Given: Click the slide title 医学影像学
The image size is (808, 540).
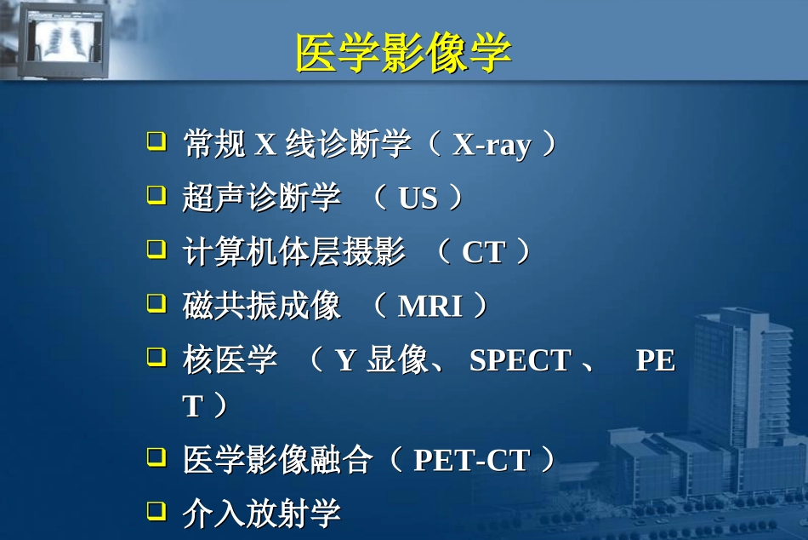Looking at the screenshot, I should [x=403, y=53].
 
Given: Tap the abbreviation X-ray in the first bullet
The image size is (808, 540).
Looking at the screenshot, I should [x=492, y=145].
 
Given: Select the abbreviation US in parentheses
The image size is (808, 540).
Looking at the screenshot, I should [x=418, y=198].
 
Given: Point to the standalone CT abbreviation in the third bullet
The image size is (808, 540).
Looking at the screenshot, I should [x=483, y=253].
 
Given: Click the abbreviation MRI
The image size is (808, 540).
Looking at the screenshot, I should [x=430, y=307].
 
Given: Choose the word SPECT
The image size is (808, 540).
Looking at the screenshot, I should [x=520, y=361].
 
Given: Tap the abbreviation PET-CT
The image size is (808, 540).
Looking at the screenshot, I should [x=471, y=461].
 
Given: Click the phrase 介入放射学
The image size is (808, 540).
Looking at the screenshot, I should [x=261, y=513].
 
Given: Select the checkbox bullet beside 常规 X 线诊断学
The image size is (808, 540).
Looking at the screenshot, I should [x=156, y=141].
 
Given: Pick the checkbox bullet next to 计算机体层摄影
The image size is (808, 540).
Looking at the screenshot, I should [x=156, y=249].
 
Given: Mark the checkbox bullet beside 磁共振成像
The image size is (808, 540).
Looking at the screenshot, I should [x=156, y=302].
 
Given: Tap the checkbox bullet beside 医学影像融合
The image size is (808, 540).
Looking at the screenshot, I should [x=156, y=457].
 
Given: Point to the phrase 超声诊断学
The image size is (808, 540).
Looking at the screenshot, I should [x=261, y=198].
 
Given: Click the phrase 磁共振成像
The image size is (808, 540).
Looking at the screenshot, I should [x=261, y=307].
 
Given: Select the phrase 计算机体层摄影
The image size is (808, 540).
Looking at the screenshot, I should [x=293, y=253].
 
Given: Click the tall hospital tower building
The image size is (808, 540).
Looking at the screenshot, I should [x=731, y=383].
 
